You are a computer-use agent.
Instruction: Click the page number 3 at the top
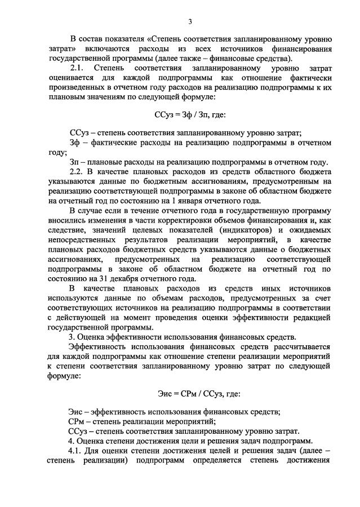coord(190,21)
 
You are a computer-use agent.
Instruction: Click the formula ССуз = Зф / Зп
coord(190,114)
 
